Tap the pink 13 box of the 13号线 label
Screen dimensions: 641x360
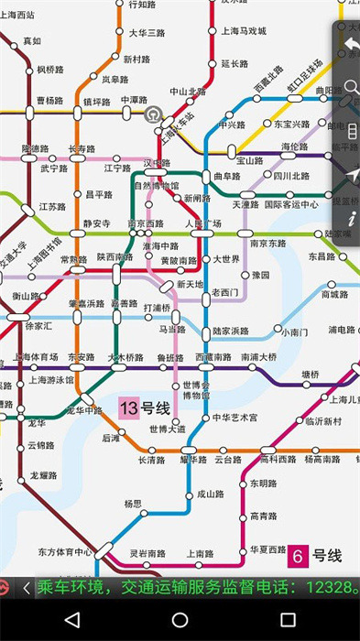click(128, 407)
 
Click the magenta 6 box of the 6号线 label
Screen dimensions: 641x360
click(298, 556)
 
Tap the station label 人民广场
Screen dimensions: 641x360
click(203, 223)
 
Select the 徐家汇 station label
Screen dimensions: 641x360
click(39, 325)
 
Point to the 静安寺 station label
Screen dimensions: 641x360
click(96, 223)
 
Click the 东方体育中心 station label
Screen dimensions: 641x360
click(65, 552)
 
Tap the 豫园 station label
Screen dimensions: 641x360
click(261, 275)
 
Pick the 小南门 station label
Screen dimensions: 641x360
click(293, 331)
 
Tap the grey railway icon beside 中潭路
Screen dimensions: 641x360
click(154, 114)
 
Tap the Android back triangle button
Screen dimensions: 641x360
click(72, 620)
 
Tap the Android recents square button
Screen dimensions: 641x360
click(288, 620)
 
